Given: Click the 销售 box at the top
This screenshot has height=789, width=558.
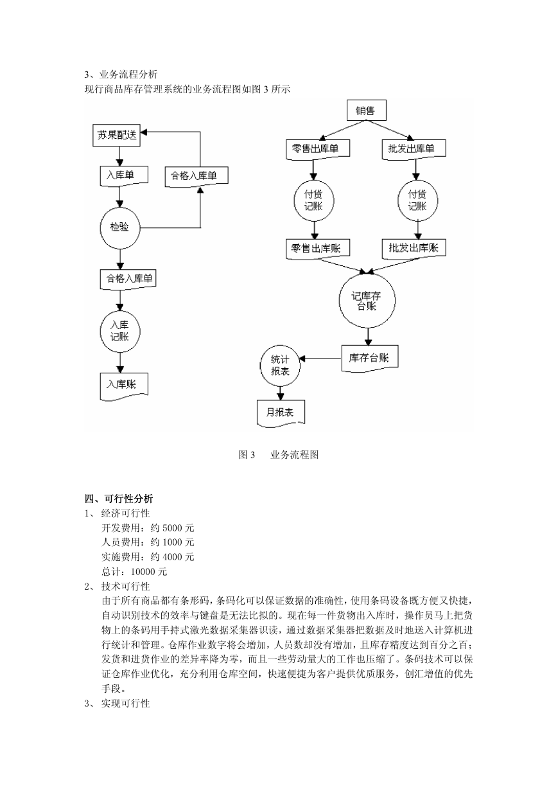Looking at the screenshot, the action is (x=366, y=111).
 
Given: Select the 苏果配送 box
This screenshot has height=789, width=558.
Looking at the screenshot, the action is (x=116, y=136).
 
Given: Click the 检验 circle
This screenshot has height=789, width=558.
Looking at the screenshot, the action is (x=119, y=228).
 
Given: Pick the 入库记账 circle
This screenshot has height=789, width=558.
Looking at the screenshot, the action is (x=120, y=332).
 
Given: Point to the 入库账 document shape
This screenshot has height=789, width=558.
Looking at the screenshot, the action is (x=124, y=386).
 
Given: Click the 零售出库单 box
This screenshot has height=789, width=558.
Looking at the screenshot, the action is (x=318, y=149).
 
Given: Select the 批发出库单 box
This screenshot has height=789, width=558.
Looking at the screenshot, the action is (x=414, y=149).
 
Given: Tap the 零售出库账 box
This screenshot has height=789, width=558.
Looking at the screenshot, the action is (x=318, y=249).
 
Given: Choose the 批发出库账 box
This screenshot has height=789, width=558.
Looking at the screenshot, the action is (x=414, y=249).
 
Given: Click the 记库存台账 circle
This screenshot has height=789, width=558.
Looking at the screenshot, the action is (x=367, y=301).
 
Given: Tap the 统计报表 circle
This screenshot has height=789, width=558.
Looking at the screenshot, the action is (x=280, y=366).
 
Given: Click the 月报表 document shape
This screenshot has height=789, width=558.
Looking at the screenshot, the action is (x=281, y=413).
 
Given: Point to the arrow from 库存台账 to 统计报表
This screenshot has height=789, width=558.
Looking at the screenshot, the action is (x=320, y=359).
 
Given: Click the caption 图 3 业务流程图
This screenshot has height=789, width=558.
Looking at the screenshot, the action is (x=279, y=455).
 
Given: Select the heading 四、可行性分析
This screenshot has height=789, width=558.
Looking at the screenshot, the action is (x=119, y=499).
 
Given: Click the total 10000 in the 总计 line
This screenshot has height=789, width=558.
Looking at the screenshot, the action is (x=143, y=572).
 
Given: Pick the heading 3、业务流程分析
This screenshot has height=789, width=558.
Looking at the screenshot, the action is (x=121, y=75).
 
